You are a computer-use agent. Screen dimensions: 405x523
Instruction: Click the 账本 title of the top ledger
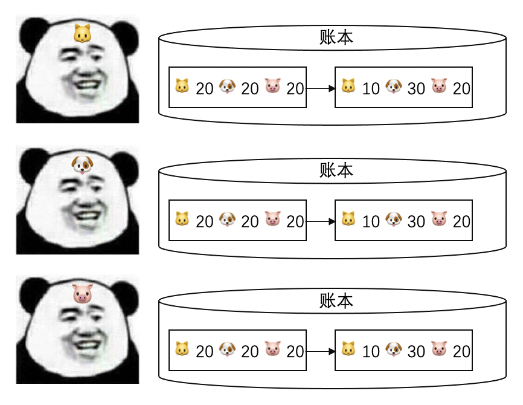coord(336,38)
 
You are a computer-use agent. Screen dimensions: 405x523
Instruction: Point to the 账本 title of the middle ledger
coord(336,170)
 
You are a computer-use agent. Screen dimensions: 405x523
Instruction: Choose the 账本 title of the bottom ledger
coord(336,301)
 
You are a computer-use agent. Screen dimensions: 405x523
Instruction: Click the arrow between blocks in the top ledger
coord(321,88)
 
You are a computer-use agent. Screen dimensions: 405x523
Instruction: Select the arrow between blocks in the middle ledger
coord(321,221)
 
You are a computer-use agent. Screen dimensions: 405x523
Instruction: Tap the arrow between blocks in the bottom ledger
coord(321,351)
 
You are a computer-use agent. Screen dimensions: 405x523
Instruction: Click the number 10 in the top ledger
coord(371,89)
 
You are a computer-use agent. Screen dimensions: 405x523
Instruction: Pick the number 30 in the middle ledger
coord(416,222)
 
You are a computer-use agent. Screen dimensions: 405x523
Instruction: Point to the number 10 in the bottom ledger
coord(371,351)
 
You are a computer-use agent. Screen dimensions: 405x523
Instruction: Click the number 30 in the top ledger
coord(416,89)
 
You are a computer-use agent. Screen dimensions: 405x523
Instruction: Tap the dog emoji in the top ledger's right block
coord(393,87)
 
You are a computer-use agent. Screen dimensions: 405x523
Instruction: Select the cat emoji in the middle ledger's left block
coord(182,219)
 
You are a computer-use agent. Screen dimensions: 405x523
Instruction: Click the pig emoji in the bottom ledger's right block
coord(439,349)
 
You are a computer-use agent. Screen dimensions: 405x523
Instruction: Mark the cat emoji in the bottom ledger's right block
coord(348,349)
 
